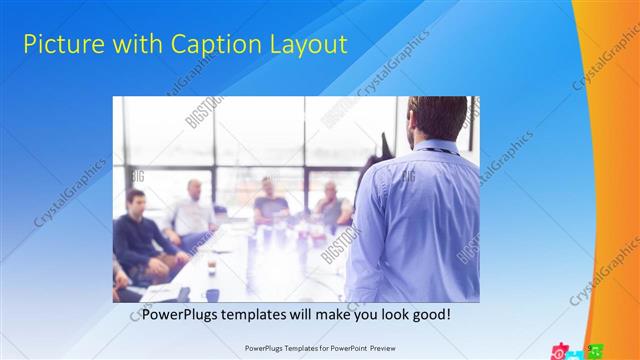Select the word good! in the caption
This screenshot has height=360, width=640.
click(427, 314)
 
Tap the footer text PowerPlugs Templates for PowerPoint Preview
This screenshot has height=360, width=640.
click(319, 349)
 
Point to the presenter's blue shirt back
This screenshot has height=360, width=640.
click(414, 220)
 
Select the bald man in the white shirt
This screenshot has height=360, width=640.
click(192, 210)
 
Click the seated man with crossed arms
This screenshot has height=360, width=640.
click(333, 207)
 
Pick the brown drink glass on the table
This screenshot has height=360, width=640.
click(211, 267)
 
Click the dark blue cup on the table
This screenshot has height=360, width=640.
click(212, 294)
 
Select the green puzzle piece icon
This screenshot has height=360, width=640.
click(596, 351)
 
